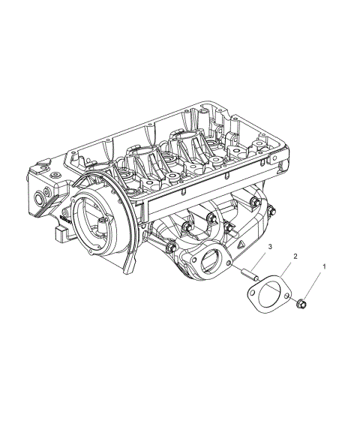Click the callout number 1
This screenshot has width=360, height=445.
click(x=325, y=266)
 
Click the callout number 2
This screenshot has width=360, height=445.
click(x=295, y=257)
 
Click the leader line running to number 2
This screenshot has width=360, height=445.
click(x=286, y=269)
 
